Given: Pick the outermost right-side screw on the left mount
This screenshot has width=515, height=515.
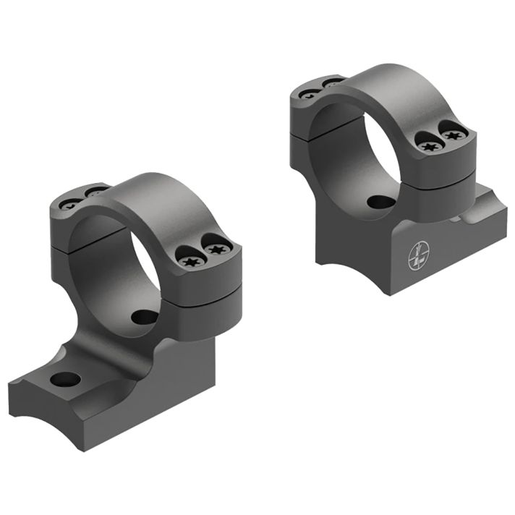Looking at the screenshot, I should (215, 249).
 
